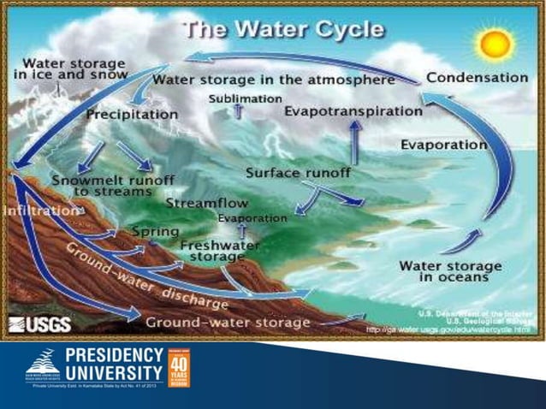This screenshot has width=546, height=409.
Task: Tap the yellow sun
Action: (x=494, y=42)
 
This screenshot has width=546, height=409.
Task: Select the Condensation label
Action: (x=477, y=77)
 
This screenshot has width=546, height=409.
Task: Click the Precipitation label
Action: (x=132, y=113)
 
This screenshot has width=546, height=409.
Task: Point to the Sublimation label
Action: (x=245, y=98)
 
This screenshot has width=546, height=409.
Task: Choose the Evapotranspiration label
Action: (x=353, y=111)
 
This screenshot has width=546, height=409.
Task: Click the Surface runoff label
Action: (x=298, y=173)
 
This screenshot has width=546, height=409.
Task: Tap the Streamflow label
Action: (x=207, y=204)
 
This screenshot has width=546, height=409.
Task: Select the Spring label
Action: (x=155, y=232)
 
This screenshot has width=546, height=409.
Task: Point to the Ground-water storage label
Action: (x=228, y=323)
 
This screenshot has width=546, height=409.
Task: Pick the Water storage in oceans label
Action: (x=443, y=270)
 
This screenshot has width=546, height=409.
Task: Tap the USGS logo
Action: (x=39, y=324)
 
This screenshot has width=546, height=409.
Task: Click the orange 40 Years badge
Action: (x=179, y=368)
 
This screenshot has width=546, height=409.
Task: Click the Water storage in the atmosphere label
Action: (x=273, y=80)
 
